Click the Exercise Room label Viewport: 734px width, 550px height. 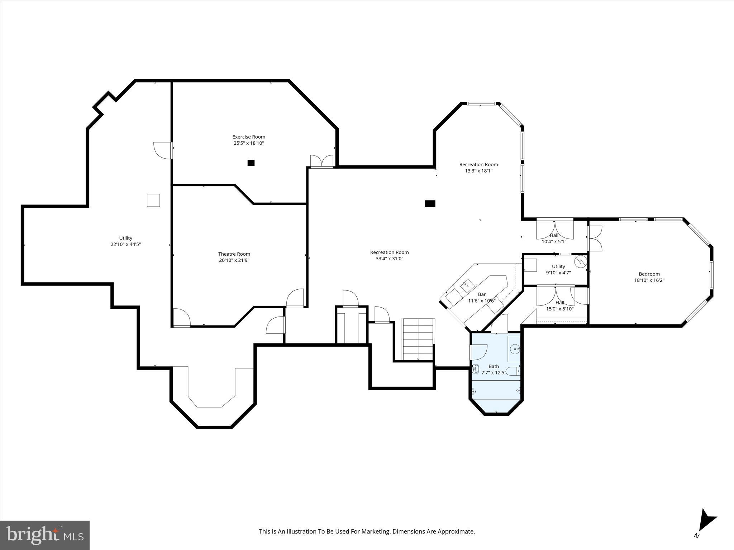[x=249, y=137]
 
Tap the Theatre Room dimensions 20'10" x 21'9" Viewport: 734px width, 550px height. [x=234, y=260]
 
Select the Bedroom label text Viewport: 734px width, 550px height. [x=649, y=274]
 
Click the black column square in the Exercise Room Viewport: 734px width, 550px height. [x=251, y=163]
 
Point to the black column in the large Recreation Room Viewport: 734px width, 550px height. [x=430, y=204]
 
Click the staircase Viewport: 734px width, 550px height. [x=418, y=339]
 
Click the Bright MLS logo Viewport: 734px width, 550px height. [x=45, y=535]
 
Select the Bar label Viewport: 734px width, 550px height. [x=482, y=294]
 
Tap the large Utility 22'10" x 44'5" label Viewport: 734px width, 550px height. [x=125, y=241]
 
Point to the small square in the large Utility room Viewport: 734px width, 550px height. [x=153, y=200]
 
